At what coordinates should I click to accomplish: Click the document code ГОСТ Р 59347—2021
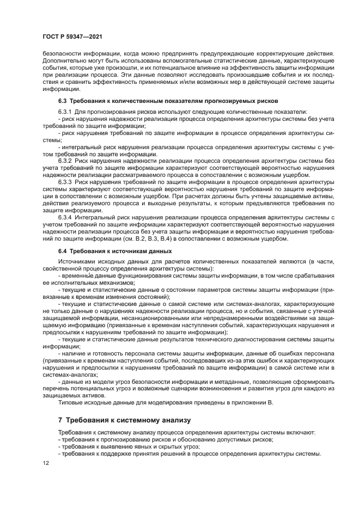pyautogui.click(x=73, y=36)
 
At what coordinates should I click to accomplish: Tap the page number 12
pyautogui.click(x=46, y=462)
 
